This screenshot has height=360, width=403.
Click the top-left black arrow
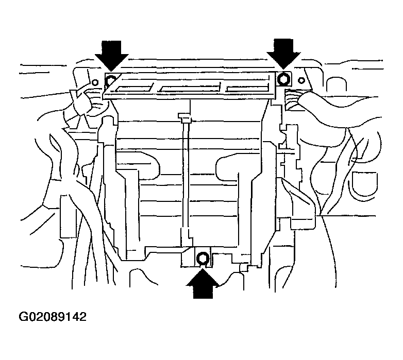click(111, 55)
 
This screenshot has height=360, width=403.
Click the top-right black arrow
click(283, 54)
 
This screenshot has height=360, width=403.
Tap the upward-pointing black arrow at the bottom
click(203, 283)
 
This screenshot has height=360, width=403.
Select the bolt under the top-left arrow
click(111, 80)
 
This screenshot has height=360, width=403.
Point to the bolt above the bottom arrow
click(203, 258)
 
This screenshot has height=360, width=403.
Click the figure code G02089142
click(53, 317)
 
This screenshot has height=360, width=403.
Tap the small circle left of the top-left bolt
click(95, 83)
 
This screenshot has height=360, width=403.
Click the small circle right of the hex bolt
click(301, 80)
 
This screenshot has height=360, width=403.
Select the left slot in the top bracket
click(133, 88)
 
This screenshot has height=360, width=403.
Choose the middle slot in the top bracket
click(190, 88)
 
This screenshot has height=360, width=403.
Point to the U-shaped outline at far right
click(363, 185)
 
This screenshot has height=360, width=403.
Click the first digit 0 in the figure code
click(32, 317)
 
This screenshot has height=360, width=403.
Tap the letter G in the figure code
click(23, 317)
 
